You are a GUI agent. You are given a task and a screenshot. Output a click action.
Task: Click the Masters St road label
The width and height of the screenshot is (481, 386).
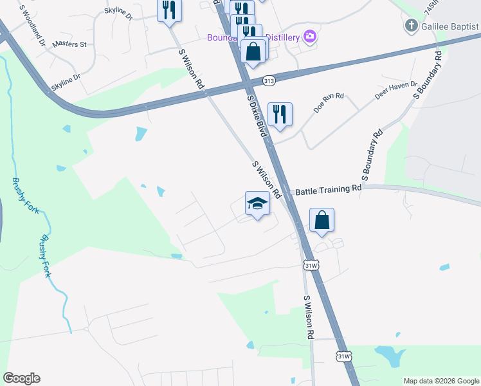click(69, 44)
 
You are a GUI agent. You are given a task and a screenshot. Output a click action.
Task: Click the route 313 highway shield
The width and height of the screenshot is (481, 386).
click(269, 80)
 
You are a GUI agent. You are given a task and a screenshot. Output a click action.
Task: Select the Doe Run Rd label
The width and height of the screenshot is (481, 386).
click(329, 103)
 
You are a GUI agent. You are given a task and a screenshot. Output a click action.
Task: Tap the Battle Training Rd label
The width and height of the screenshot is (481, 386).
click(328, 190)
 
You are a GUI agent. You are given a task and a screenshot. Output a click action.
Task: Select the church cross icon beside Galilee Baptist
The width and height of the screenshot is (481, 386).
click(411, 26)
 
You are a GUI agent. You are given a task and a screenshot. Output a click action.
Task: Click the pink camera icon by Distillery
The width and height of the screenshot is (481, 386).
click(311, 37)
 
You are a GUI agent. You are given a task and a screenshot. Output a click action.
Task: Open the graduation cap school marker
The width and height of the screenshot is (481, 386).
click(257, 204)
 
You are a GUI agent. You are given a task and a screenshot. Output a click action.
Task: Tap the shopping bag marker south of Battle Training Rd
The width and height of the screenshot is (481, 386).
click(322, 220)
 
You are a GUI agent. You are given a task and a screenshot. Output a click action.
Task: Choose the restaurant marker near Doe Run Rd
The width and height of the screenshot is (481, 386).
click(280, 115)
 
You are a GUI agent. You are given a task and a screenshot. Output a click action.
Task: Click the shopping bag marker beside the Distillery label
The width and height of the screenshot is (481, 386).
click(253, 51)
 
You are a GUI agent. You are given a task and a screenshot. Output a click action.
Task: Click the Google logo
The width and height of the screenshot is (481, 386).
click(21, 378)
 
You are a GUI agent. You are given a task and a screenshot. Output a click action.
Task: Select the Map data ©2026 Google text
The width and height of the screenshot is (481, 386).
click(440, 381)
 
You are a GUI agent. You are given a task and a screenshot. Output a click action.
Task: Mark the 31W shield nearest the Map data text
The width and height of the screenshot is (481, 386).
click(344, 356)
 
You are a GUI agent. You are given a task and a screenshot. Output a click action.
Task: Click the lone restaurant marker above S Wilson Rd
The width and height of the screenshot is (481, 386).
click(170, 10)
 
